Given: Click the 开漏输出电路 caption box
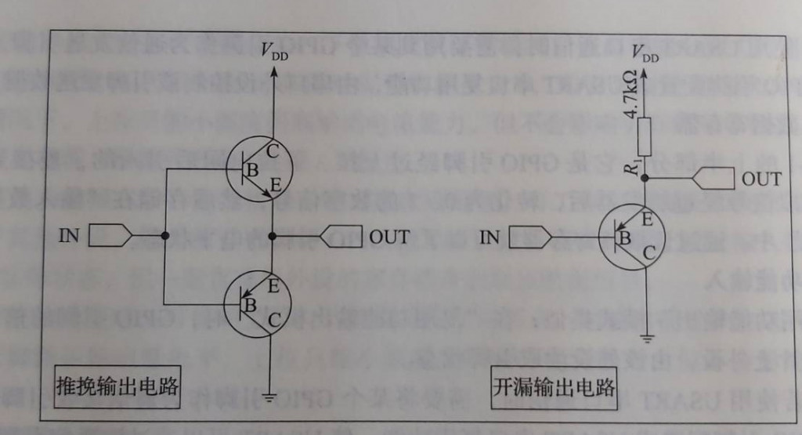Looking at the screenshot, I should coord(554,388).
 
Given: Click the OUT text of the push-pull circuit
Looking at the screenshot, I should coord(388,236).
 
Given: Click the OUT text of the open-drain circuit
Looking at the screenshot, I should coord(761,179).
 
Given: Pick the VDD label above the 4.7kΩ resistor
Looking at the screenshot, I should coord(645,52).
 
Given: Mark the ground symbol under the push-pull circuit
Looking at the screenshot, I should coord(271,396).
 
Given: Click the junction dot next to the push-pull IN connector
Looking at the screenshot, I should coord(164,235).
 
